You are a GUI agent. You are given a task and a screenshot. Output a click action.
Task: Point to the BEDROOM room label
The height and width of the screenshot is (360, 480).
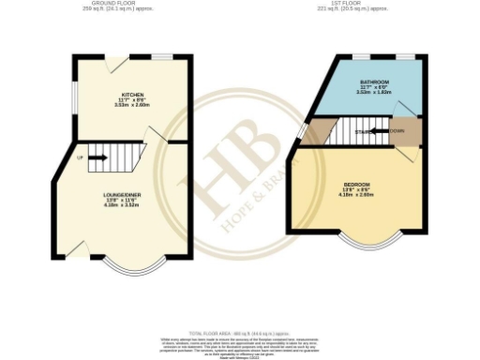tap(357, 184)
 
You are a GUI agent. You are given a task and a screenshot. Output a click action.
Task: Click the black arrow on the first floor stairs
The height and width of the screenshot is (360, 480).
tap(375, 131)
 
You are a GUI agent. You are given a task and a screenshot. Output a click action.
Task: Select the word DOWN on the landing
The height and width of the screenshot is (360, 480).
tap(397, 131)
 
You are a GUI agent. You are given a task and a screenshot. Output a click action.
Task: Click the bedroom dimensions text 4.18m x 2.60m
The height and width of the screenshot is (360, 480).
tap(357, 195)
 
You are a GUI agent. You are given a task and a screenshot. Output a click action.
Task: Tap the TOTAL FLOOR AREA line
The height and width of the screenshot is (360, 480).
tap(240, 333)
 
